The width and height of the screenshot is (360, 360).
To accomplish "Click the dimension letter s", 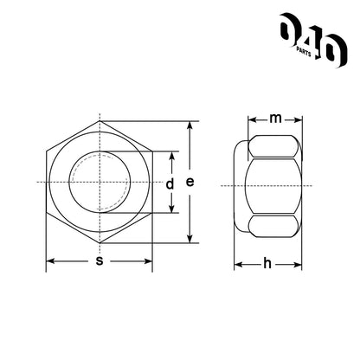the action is (100, 261).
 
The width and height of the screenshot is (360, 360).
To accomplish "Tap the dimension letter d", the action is (170, 183).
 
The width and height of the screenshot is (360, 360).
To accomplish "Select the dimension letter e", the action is (190, 182).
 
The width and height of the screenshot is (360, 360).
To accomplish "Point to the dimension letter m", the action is (275, 119).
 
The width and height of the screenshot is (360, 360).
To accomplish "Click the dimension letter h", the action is (267, 263).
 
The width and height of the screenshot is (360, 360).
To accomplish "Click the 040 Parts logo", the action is (313, 40).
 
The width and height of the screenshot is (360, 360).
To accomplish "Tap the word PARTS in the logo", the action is (304, 52).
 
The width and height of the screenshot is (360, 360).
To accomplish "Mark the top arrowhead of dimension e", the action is (190, 125).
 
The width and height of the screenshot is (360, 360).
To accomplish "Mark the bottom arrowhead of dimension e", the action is (190, 239).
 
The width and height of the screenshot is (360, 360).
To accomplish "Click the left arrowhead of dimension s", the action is (50, 261).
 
